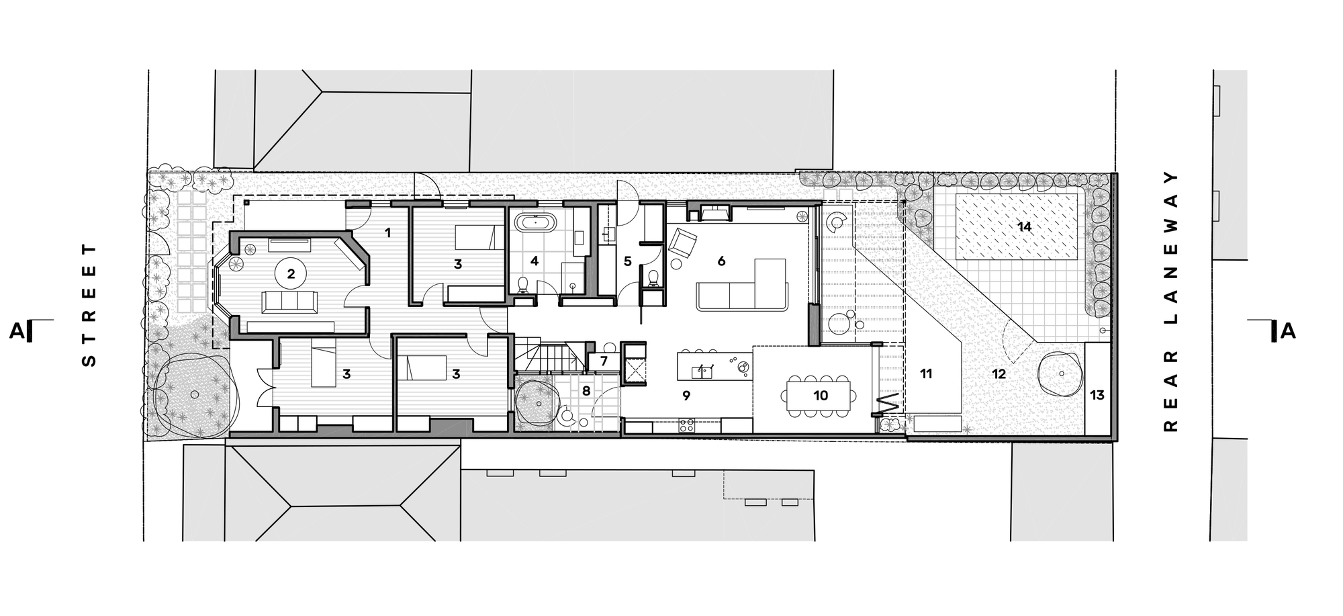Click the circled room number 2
coord(291,273)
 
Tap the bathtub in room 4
coord(535,222)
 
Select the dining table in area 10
coord(821,396)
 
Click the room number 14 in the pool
coord(1024,227)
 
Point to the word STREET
coord(89,306)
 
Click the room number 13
coord(1097,395)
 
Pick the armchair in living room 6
coord(682,242)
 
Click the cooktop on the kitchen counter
coord(687,425)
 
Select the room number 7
coord(604,361)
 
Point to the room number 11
coord(926,374)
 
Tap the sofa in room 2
coord(289,302)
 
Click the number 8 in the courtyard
coord(586,390)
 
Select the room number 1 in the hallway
coord(387,232)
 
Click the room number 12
coord(999,374)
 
